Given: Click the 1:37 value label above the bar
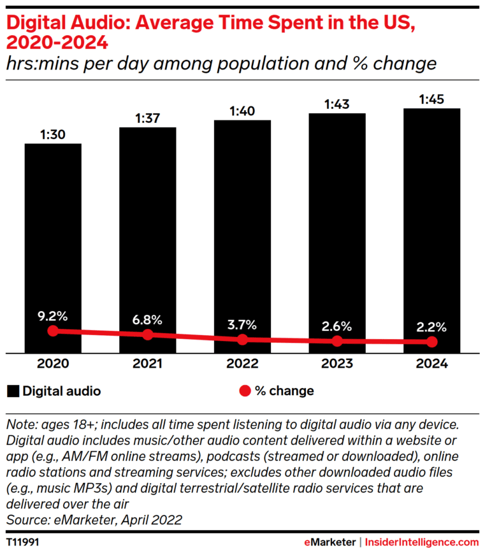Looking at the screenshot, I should click(x=147, y=118).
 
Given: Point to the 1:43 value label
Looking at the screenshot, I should click(x=337, y=104).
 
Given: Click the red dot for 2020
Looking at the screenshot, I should click(x=53, y=331).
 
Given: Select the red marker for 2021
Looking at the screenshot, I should click(x=147, y=335).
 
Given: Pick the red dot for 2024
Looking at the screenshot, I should click(x=431, y=342).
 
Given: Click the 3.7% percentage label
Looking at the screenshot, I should click(x=242, y=324).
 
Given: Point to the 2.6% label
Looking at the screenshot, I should click(x=337, y=326).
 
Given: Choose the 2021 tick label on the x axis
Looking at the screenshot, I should click(x=147, y=364).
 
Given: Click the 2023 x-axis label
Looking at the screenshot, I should click(x=337, y=364).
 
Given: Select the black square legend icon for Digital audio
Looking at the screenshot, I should click(x=13, y=391).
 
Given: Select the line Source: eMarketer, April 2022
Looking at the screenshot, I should click(x=94, y=520).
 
